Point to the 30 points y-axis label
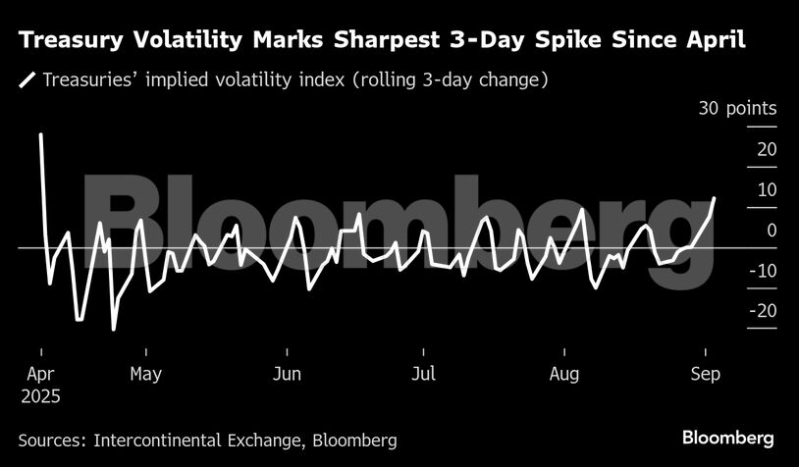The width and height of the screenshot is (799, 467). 737,109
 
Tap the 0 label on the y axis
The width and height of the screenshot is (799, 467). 772,230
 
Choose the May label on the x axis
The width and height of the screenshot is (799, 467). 145,374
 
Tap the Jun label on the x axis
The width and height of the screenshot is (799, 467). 287,374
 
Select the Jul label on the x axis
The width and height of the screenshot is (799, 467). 423,374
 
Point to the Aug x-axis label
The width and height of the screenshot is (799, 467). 564,374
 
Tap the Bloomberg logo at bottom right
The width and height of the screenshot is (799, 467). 728,438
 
